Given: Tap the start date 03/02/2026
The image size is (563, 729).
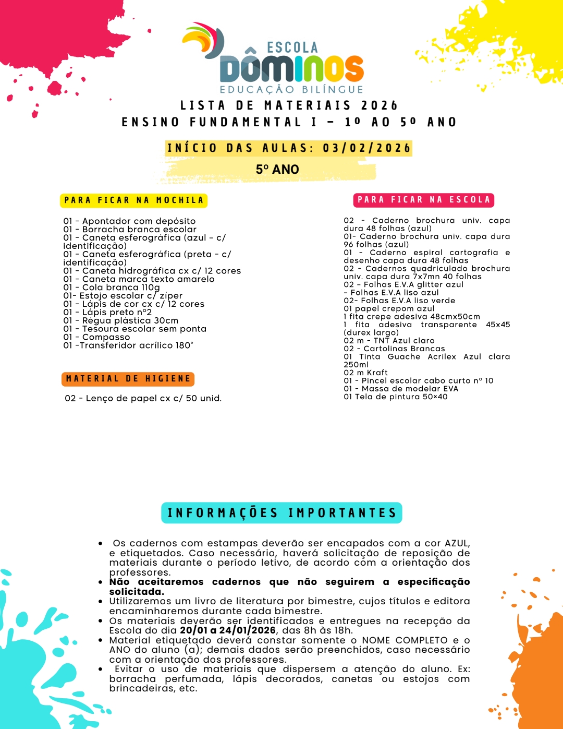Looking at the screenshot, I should tap(366, 148).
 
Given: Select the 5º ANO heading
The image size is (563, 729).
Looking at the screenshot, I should tap(277, 170).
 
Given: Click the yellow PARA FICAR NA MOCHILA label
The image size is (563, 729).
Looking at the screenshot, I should tap(134, 200).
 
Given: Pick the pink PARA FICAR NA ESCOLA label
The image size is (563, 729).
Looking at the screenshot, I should tap(424, 200).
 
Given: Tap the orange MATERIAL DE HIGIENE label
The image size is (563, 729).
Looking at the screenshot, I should tap(128, 379).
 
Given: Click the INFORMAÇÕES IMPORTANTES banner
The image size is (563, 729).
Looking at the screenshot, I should tap(281, 513).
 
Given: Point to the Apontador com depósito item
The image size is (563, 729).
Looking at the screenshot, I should tap(129, 221).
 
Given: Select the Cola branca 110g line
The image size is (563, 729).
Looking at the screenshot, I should tap(112, 288).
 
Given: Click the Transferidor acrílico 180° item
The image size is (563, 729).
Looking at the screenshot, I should tap(128, 345).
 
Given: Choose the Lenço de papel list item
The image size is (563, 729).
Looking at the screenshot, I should tap(143, 399).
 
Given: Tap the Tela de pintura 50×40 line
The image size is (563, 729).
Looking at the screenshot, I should tap(396, 397).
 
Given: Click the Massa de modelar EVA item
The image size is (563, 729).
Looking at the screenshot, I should tap(401, 389).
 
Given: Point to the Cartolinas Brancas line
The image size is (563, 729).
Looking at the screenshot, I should tap(394, 349).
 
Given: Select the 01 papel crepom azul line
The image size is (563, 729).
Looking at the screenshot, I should tap(389, 309).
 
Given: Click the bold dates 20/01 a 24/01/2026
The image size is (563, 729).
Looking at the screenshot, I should tap(228, 630).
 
